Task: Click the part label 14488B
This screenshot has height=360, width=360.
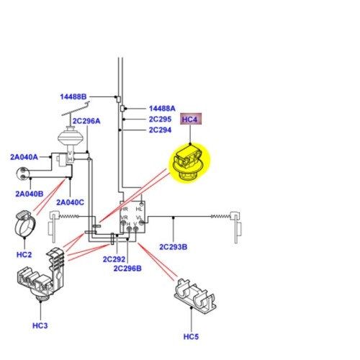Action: point(73,97)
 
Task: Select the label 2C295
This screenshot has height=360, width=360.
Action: point(160,120)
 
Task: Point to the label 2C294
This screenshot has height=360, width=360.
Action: point(160,130)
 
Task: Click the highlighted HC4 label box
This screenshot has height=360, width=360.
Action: point(190,120)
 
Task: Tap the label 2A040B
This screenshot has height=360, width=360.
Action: point(30,194)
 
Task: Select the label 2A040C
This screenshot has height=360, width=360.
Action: point(70,202)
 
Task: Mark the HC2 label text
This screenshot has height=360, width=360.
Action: point(24,255)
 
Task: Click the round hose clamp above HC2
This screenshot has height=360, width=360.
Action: point(26,225)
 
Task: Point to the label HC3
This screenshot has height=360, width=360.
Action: point(40,326)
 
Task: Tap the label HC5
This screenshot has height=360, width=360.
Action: point(191,337)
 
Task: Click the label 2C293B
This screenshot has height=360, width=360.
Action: point(173,247)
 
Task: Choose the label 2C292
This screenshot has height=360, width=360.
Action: point(114,259)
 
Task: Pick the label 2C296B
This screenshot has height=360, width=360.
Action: point(127,269)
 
